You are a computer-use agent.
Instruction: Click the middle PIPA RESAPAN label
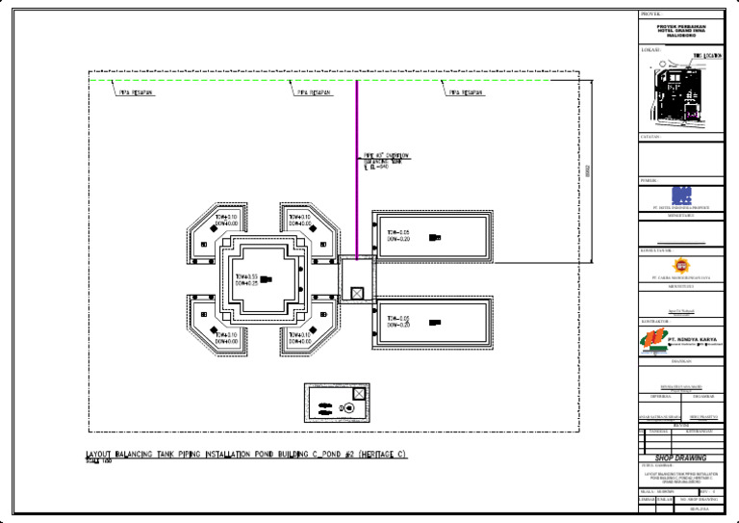(x=315, y=93)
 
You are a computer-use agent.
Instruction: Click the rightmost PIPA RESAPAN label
(x=465, y=93)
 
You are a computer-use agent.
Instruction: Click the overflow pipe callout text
(x=385, y=161)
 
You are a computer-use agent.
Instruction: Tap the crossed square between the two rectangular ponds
(x=357, y=293)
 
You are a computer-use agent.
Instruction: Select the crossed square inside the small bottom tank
(x=359, y=394)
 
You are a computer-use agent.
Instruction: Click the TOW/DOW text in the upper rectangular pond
(x=398, y=236)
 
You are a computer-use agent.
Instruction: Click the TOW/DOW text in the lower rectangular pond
(x=398, y=322)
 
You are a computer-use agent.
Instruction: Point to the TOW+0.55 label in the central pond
(x=246, y=276)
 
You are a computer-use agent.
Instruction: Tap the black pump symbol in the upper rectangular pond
(x=435, y=238)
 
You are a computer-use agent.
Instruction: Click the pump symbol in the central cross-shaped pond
(x=266, y=280)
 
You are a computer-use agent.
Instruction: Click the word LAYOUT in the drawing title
(x=101, y=454)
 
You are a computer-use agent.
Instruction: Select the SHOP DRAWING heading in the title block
(x=680, y=458)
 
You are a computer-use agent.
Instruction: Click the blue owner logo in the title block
(x=681, y=194)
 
